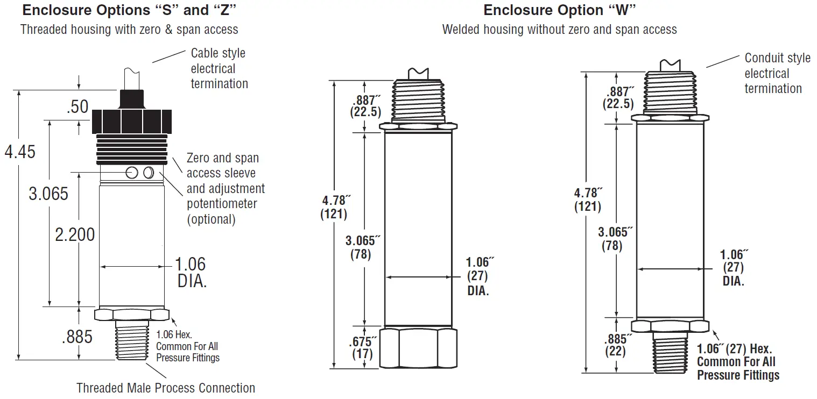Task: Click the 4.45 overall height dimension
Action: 20,152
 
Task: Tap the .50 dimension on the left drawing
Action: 78,106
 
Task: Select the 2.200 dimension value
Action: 75,234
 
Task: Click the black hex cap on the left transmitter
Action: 132,122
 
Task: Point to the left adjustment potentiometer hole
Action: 131,172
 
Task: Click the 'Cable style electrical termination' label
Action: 219,68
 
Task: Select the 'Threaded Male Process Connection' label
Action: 166,388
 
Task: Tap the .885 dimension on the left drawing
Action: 77,337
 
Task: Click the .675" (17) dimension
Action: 363,347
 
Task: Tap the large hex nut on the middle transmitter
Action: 418,348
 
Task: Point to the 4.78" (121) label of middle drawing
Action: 336,207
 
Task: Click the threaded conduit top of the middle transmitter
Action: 418,100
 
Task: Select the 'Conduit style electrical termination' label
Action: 777,73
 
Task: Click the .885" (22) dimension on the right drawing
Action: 616,345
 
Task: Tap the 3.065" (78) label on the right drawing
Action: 614,239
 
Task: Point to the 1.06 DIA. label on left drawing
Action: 192,272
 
